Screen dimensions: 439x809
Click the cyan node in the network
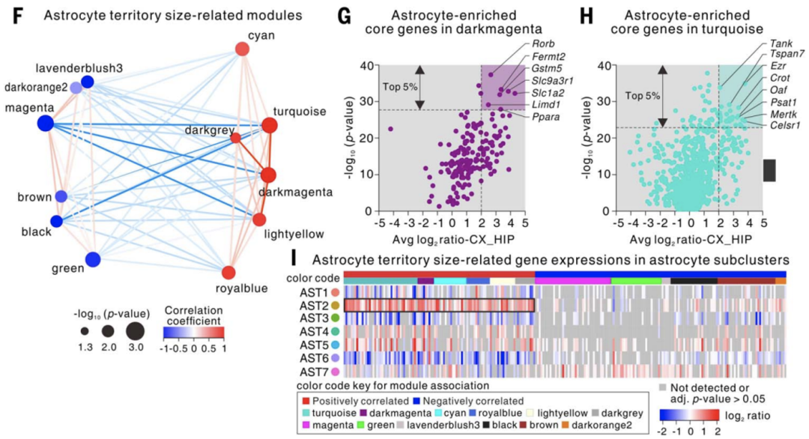[x=242, y=49]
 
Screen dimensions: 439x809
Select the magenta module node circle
[x=44, y=124]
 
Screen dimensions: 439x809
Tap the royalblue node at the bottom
[x=229, y=272]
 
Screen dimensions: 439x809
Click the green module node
[x=93, y=259]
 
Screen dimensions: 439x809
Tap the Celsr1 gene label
[x=786, y=125]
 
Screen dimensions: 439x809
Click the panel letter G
[x=345, y=14]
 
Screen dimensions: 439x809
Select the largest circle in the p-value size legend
[x=136, y=330]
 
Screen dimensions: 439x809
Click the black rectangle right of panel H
[x=769, y=169]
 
